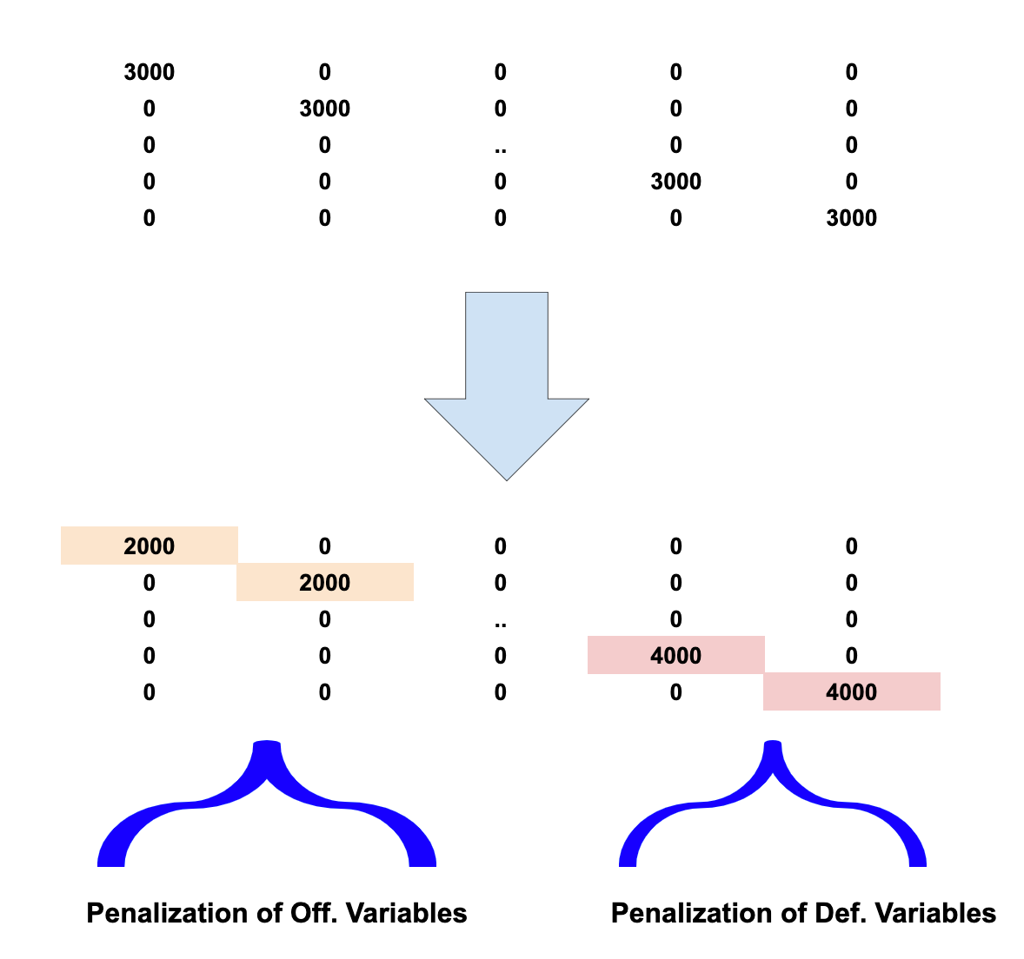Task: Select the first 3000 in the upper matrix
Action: (150, 72)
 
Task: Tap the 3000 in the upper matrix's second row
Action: (325, 109)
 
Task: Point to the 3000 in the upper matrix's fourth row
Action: (676, 182)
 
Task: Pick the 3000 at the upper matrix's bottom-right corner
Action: (852, 218)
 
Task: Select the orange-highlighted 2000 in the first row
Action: (150, 546)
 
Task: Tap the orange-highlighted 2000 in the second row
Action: (325, 583)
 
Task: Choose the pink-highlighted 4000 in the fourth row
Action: (676, 656)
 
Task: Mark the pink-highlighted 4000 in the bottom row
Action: (852, 692)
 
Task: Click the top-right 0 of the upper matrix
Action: (852, 72)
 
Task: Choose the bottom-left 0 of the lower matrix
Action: (150, 692)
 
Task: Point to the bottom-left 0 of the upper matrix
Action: (150, 218)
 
